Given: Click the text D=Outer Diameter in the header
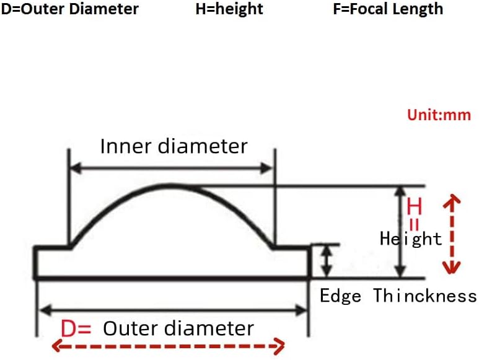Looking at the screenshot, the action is click(x=70, y=9).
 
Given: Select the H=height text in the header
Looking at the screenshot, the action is click(x=229, y=9).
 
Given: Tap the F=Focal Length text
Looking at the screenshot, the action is click(x=388, y=9).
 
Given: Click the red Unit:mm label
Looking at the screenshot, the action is click(x=439, y=115).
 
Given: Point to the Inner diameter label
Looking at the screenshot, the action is click(x=174, y=146).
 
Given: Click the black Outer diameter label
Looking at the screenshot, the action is click(x=178, y=328).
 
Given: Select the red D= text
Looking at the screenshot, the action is click(x=76, y=328).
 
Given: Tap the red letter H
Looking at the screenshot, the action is click(x=414, y=206).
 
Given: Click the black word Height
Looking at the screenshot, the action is click(x=411, y=239).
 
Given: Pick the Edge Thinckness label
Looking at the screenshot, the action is click(x=398, y=296).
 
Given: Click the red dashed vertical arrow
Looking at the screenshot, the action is click(x=452, y=234).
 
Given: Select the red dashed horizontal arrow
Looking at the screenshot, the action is click(x=169, y=346).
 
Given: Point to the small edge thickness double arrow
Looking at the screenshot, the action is click(x=327, y=261).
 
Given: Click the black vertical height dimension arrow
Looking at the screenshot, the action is click(x=400, y=232).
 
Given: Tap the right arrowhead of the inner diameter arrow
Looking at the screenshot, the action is click(x=266, y=168).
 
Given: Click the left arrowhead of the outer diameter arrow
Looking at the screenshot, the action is click(x=45, y=311).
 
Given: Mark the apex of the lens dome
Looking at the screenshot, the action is click(x=170, y=185).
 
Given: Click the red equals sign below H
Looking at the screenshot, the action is click(x=414, y=224).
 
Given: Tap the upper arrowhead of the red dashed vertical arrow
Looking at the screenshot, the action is click(x=452, y=200).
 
